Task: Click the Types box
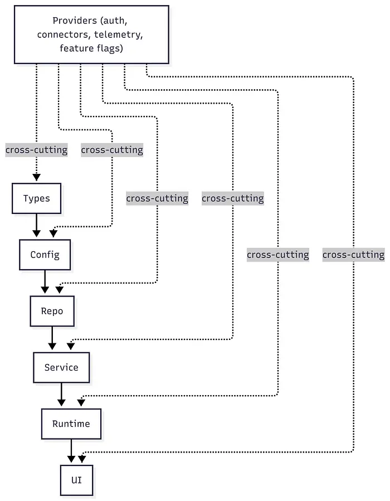[x=36, y=198]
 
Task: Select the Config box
[x=45, y=255]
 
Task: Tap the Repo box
[x=52, y=311]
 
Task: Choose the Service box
[x=61, y=367]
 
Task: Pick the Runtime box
[x=71, y=424]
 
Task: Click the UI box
[x=76, y=479]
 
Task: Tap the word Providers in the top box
[x=74, y=21]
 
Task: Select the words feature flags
[x=91, y=48]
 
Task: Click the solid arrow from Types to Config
[x=36, y=226]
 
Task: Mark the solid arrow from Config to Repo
[x=45, y=283]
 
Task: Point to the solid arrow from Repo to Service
[x=52, y=339]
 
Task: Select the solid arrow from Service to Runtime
[x=61, y=395]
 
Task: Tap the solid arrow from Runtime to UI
[x=71, y=451]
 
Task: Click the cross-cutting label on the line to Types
[x=36, y=150]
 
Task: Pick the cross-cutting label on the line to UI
[x=353, y=255]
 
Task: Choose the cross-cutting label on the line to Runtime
[x=277, y=255]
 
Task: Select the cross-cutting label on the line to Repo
[x=157, y=198]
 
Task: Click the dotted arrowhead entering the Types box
[x=36, y=178]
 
